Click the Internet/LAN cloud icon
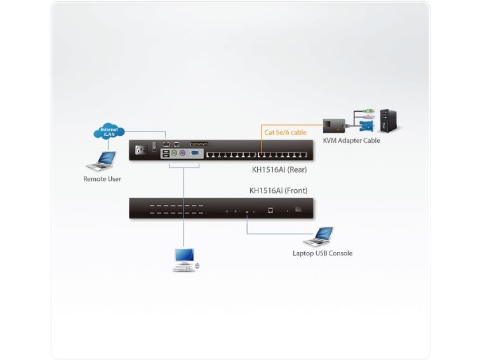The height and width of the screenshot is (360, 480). (109, 132)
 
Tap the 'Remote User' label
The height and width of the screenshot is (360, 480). (102, 179)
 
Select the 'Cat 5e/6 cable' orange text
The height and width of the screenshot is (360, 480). (285, 133)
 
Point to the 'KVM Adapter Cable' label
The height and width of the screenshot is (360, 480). (351, 140)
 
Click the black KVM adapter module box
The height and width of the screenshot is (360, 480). (334, 124)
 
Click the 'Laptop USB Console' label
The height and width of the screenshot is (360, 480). (323, 253)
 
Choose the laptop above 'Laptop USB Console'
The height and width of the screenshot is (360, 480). (319, 237)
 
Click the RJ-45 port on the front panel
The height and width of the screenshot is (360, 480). (270, 210)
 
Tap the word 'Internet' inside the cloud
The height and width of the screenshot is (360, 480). (109, 130)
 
